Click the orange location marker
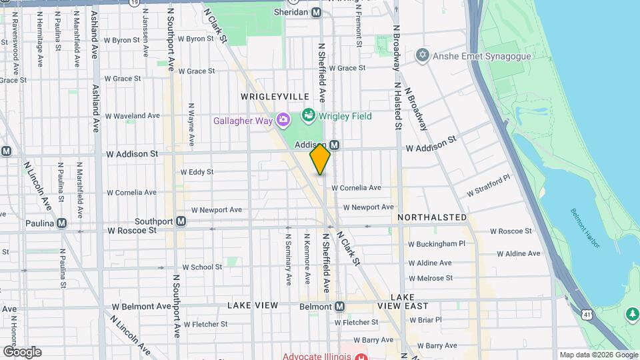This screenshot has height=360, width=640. (320, 159)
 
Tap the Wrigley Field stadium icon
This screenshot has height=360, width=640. (308, 116)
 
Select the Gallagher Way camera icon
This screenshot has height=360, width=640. (283, 120)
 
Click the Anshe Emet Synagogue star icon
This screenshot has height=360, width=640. (421, 56)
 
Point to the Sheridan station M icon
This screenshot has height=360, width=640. (316, 13)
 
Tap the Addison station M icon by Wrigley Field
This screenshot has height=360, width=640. (335, 145)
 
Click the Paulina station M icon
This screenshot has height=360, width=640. (62, 223)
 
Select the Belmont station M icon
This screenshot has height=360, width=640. (340, 307)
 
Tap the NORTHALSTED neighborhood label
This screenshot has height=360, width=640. (432, 217)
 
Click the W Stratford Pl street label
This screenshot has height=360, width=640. (488, 186)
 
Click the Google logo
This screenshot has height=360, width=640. (21, 351)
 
